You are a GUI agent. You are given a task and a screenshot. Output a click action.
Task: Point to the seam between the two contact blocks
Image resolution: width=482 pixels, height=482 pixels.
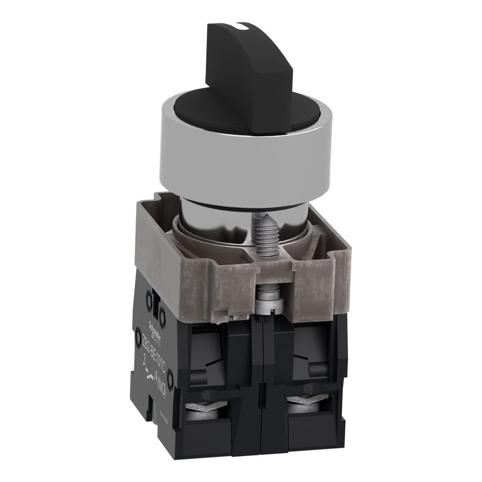click(260, 386)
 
